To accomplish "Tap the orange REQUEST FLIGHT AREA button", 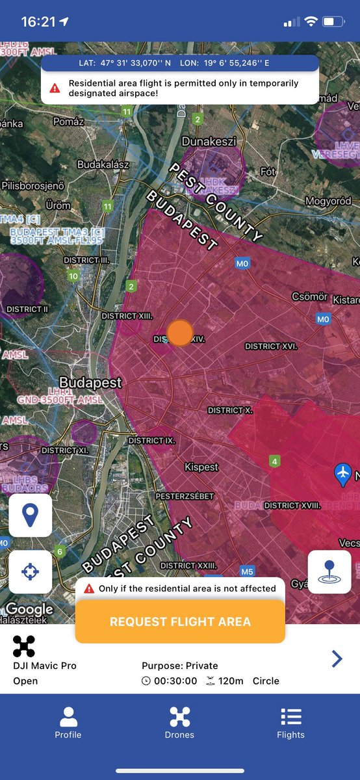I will (180, 621).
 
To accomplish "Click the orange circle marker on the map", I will (180, 332).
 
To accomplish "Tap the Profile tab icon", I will (68, 717).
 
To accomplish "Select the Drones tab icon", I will (180, 717).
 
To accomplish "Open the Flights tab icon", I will (290, 717).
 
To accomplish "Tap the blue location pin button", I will (30, 515).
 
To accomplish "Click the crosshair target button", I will (30, 572).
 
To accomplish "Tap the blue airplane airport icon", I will (342, 474).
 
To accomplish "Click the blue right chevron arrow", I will (337, 659).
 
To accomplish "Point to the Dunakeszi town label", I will (209, 141).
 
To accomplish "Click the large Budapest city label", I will (90, 382).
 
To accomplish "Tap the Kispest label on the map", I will (201, 467).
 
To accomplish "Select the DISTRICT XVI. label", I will (271, 346).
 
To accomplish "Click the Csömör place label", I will (309, 296).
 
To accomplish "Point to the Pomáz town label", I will (69, 122).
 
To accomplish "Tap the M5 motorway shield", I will (247, 572).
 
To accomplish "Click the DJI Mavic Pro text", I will (45, 666).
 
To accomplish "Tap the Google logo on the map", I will (29, 609).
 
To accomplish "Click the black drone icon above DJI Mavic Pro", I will (24, 646).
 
